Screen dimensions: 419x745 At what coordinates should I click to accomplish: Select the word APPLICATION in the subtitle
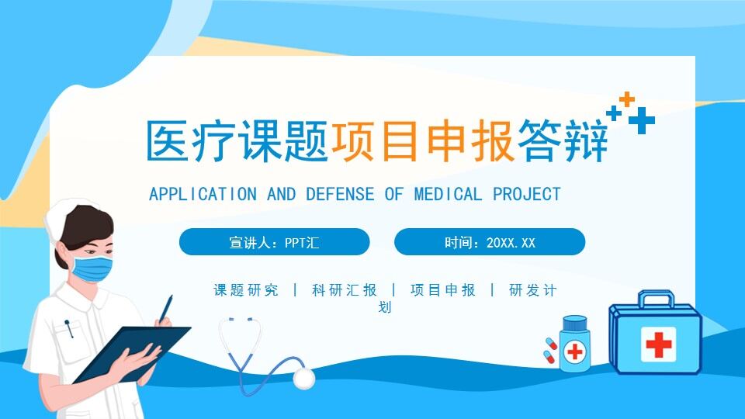tap(203, 193)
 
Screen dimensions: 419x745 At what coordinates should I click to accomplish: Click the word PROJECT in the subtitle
tap(527, 193)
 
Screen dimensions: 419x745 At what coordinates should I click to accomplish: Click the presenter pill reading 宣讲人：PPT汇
tap(274, 242)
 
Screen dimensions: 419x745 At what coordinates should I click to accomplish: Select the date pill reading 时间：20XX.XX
tap(490, 242)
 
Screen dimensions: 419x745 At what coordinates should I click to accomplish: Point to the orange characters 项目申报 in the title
tap(422, 140)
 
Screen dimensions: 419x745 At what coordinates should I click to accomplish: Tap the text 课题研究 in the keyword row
tap(246, 290)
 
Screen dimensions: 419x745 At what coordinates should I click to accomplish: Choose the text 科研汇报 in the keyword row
tap(345, 290)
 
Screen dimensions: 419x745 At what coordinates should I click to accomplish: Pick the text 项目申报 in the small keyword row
tap(443, 290)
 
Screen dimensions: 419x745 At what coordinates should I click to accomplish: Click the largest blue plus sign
tap(642, 121)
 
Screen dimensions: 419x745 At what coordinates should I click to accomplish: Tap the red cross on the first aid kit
tap(658, 343)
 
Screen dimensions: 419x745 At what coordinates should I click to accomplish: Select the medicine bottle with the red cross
tap(574, 345)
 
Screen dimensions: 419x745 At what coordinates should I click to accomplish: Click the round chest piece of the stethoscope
tap(304, 378)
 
